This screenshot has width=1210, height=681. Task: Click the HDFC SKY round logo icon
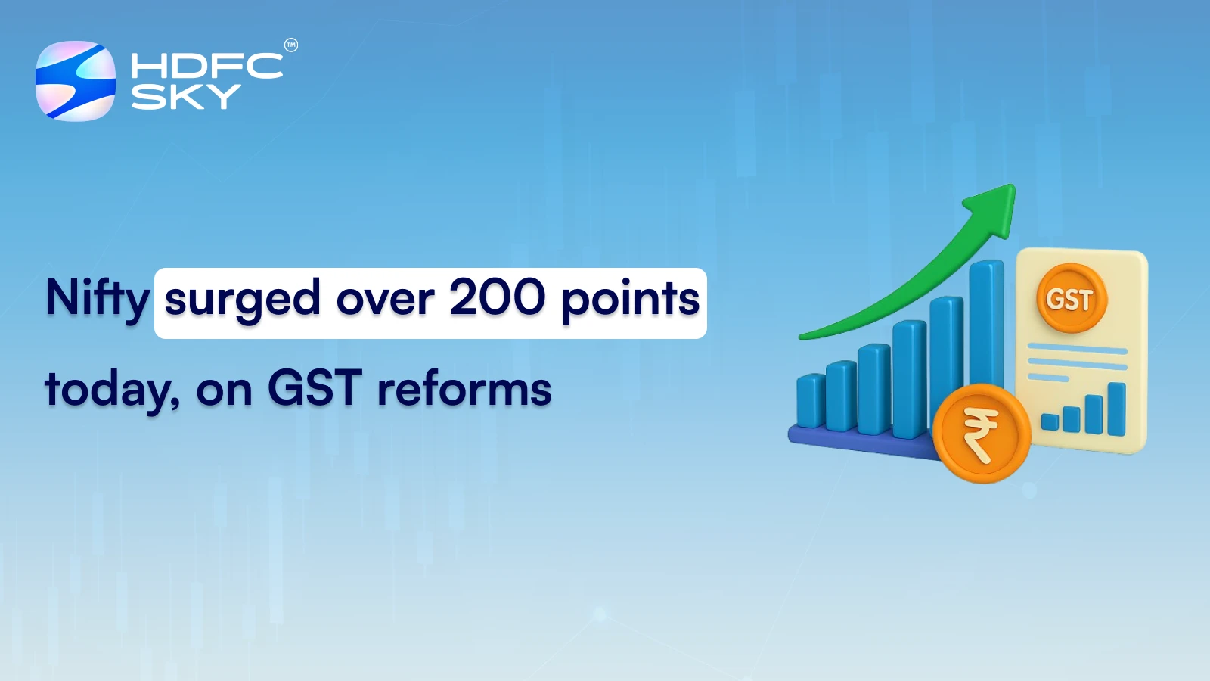click(76, 81)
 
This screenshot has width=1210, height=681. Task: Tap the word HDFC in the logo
click(206, 66)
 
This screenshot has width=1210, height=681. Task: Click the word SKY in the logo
click(186, 96)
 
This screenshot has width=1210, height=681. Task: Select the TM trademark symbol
click(291, 45)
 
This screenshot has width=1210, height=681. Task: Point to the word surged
click(242, 300)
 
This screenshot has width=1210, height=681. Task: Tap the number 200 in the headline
click(497, 297)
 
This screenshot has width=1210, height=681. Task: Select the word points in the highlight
click(630, 300)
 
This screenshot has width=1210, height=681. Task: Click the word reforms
click(464, 389)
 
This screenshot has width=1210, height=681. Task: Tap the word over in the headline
click(385, 300)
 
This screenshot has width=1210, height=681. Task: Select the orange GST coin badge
click(1070, 299)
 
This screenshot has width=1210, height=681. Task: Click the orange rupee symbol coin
click(981, 434)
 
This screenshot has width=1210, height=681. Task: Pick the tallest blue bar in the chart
click(986, 325)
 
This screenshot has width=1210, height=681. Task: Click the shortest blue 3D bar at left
click(810, 401)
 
